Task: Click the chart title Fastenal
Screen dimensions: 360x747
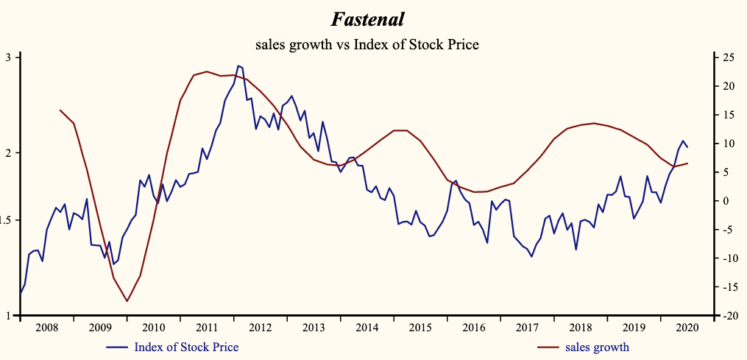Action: coord(367,18)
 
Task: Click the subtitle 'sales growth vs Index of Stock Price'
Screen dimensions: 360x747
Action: coord(367,45)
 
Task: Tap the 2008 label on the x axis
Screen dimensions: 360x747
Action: coord(46,328)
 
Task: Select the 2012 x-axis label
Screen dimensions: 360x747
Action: coord(261,328)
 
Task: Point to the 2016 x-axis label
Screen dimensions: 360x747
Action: coord(473,328)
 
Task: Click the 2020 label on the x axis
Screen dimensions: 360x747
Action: coord(687,328)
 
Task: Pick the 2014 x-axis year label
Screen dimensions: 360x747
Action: coord(367,328)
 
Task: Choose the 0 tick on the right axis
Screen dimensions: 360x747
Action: coord(725,201)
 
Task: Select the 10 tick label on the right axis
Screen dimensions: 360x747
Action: coord(727,144)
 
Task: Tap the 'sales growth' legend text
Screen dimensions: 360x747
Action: coord(598,347)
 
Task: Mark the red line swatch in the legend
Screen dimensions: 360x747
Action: coord(548,347)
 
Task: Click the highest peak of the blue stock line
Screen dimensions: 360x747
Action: coord(238,66)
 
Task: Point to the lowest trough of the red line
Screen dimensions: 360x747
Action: coord(127,301)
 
